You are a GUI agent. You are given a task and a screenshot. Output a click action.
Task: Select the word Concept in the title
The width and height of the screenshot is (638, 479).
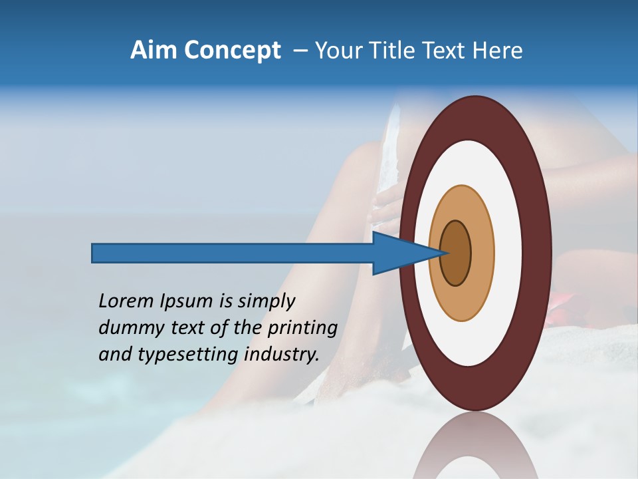tap(233, 51)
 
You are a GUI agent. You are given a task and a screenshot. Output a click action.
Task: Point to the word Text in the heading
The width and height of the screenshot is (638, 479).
tap(448, 51)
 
